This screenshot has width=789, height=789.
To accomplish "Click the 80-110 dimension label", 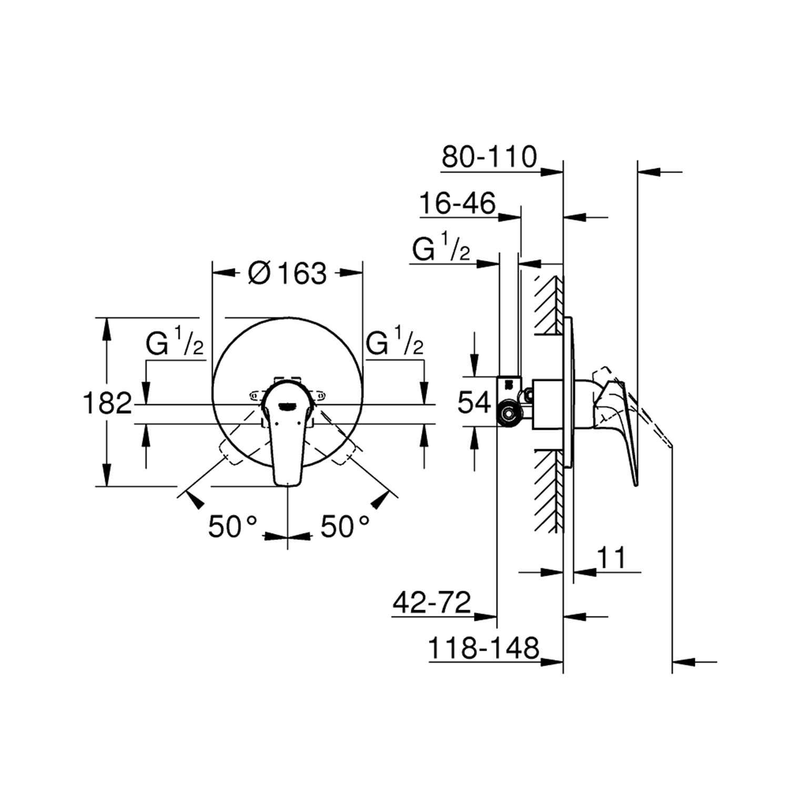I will pyautogui.click(x=489, y=157).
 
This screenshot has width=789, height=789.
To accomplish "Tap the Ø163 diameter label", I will pyautogui.click(x=288, y=273).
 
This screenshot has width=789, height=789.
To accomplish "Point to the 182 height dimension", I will pyautogui.click(x=107, y=403).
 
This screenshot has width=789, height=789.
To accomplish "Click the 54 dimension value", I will pyautogui.click(x=474, y=402).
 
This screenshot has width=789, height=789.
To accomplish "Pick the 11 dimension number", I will pyautogui.click(x=612, y=558).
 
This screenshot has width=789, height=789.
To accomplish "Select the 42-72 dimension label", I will pyautogui.click(x=432, y=603).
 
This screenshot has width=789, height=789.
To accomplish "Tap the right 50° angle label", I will pyautogui.click(x=345, y=526).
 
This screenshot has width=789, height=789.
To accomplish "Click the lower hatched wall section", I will pyautogui.click(x=549, y=489).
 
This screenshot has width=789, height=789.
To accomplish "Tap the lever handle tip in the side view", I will pyautogui.click(x=636, y=481).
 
